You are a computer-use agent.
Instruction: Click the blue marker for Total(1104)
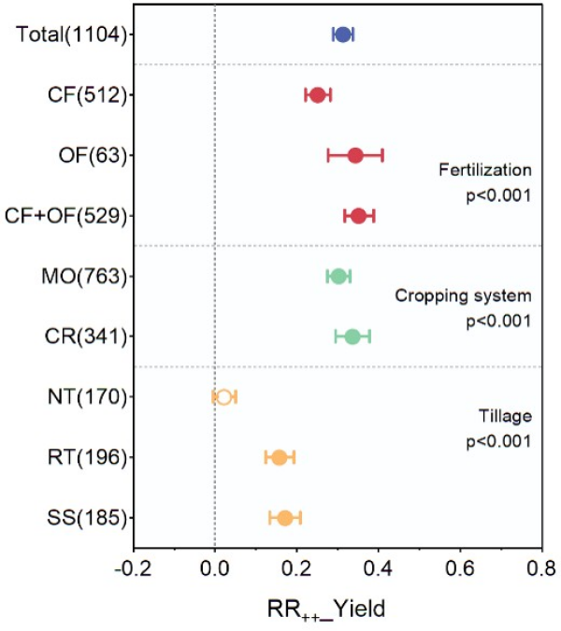click(x=342, y=35)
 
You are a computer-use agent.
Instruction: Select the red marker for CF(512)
click(x=317, y=94)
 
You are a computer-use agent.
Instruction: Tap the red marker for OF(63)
click(x=354, y=155)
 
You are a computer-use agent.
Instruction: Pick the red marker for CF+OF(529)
click(x=358, y=216)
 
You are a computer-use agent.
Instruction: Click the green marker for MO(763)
click(x=338, y=276)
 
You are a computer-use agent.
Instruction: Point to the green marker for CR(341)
click(x=352, y=337)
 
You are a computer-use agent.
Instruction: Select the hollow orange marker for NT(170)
click(x=223, y=396)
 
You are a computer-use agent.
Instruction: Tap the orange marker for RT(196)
click(x=279, y=457)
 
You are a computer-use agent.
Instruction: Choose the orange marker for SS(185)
click(x=284, y=518)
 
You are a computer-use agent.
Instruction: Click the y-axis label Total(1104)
click(x=72, y=35)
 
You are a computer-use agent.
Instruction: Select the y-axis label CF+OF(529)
click(x=65, y=216)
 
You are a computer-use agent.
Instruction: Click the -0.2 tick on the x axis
click(x=133, y=569)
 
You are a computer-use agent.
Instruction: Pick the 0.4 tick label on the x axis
click(x=379, y=569)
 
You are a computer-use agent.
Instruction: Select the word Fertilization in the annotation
click(x=484, y=170)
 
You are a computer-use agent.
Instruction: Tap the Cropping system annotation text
click(x=462, y=296)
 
